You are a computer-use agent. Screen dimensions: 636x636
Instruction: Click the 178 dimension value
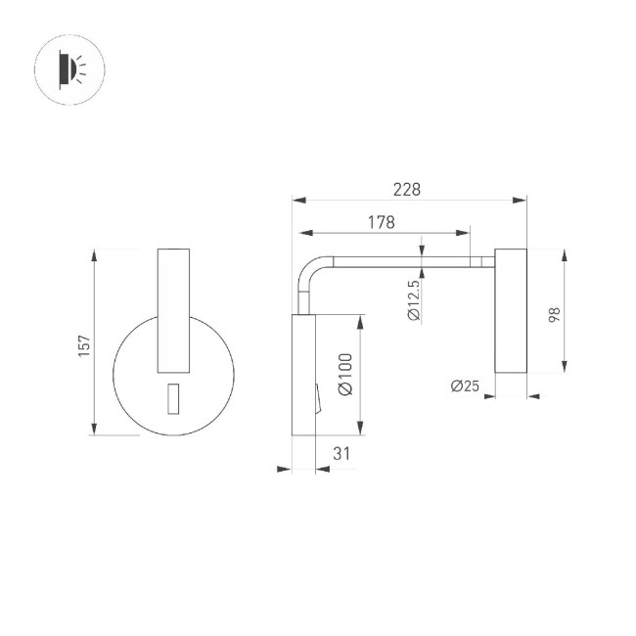click(x=382, y=222)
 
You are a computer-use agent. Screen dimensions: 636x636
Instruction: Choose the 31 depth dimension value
click(x=341, y=453)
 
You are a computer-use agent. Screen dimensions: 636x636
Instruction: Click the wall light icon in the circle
click(x=69, y=68)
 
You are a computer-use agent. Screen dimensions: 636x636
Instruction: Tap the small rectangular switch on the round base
click(x=173, y=399)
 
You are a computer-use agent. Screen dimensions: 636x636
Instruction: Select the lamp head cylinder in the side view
click(x=511, y=311)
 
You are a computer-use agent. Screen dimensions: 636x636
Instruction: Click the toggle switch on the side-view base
click(x=316, y=396)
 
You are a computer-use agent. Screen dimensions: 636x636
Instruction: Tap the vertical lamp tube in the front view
click(x=173, y=311)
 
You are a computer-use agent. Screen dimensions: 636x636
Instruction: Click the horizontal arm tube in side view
click(x=411, y=261)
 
